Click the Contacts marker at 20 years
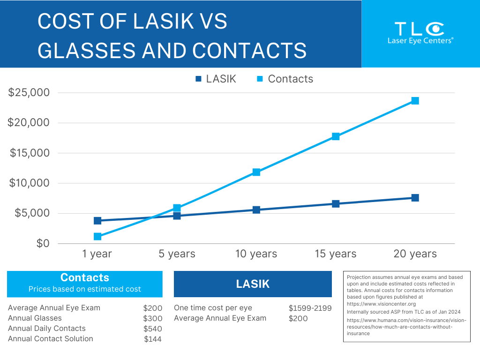(415, 101)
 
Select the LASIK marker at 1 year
(97, 220)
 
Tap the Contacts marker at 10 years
(256, 172)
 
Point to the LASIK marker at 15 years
(336, 203)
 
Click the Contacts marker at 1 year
(97, 236)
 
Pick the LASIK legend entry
(216, 79)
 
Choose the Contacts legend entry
(285, 79)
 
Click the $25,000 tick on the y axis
(29, 93)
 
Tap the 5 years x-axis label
(177, 254)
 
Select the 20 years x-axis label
(415, 254)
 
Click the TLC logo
(420, 33)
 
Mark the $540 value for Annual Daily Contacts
(153, 329)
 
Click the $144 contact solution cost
(153, 339)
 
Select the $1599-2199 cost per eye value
(310, 308)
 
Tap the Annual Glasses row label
(35, 318)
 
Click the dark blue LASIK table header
(253, 284)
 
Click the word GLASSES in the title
(90, 50)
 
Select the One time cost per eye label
(213, 308)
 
